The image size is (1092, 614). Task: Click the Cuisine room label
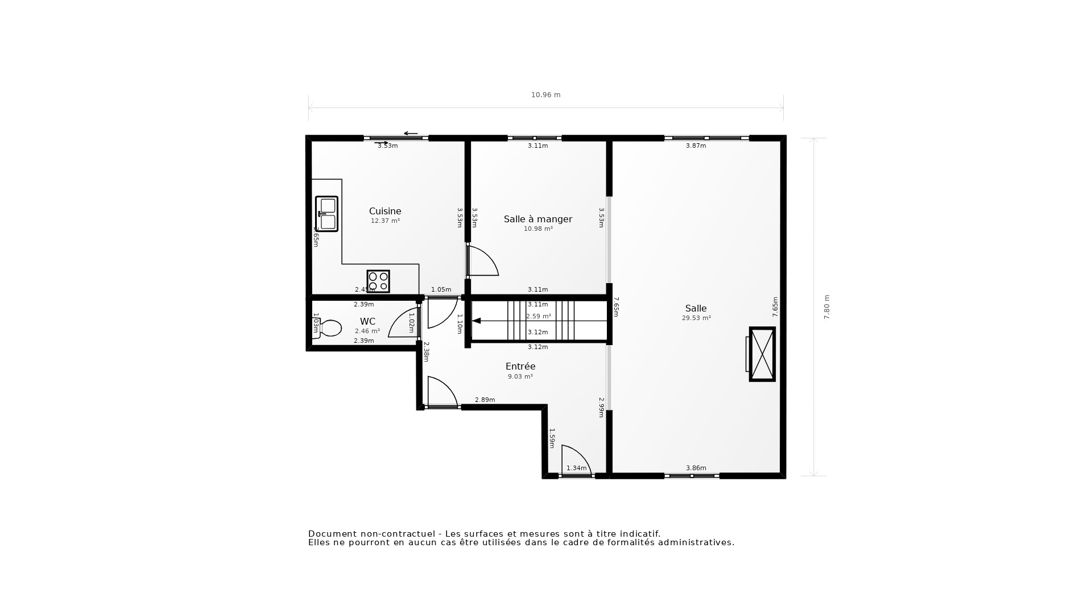pyautogui.click(x=385, y=211)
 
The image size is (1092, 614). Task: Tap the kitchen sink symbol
pyautogui.click(x=327, y=214)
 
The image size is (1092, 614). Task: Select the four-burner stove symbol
pyautogui.click(x=378, y=281)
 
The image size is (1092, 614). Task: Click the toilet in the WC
pyautogui.click(x=329, y=328)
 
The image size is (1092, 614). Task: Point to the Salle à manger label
pyautogui.click(x=537, y=219)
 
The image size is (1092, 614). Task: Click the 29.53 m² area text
pyautogui.click(x=696, y=318)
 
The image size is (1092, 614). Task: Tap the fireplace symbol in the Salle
pyautogui.click(x=762, y=354)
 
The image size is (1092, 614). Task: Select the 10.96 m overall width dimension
pyautogui.click(x=545, y=95)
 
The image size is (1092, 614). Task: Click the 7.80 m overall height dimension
pyautogui.click(x=827, y=307)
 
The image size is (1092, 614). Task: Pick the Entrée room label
pyautogui.click(x=520, y=367)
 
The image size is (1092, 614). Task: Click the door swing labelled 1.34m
pyautogui.click(x=576, y=459)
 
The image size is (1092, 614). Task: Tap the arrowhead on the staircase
pyautogui.click(x=477, y=321)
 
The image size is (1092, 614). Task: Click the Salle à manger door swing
pyautogui.click(x=483, y=261)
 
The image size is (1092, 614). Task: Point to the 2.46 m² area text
pyautogui.click(x=367, y=331)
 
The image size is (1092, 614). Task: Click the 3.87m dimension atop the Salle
pyautogui.click(x=696, y=146)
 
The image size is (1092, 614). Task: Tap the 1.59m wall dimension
pyautogui.click(x=551, y=438)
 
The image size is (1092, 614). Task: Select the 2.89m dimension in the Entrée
pyautogui.click(x=485, y=400)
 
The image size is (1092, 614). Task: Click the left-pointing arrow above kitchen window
pyautogui.click(x=411, y=134)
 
